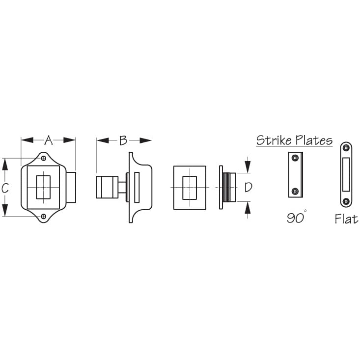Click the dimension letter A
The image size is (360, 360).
tap(49, 140)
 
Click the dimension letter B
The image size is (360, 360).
tap(123, 140)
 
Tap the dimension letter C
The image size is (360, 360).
tap(5, 188)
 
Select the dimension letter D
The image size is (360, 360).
tap(249, 187)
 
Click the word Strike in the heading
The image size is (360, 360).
tap(275, 140)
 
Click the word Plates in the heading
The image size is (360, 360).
tap(314, 140)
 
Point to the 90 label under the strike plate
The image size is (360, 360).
tap(296, 218)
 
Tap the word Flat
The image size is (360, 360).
tap(346, 219)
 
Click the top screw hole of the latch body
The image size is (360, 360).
tap(43, 158)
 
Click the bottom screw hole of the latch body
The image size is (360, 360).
tap(43, 216)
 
